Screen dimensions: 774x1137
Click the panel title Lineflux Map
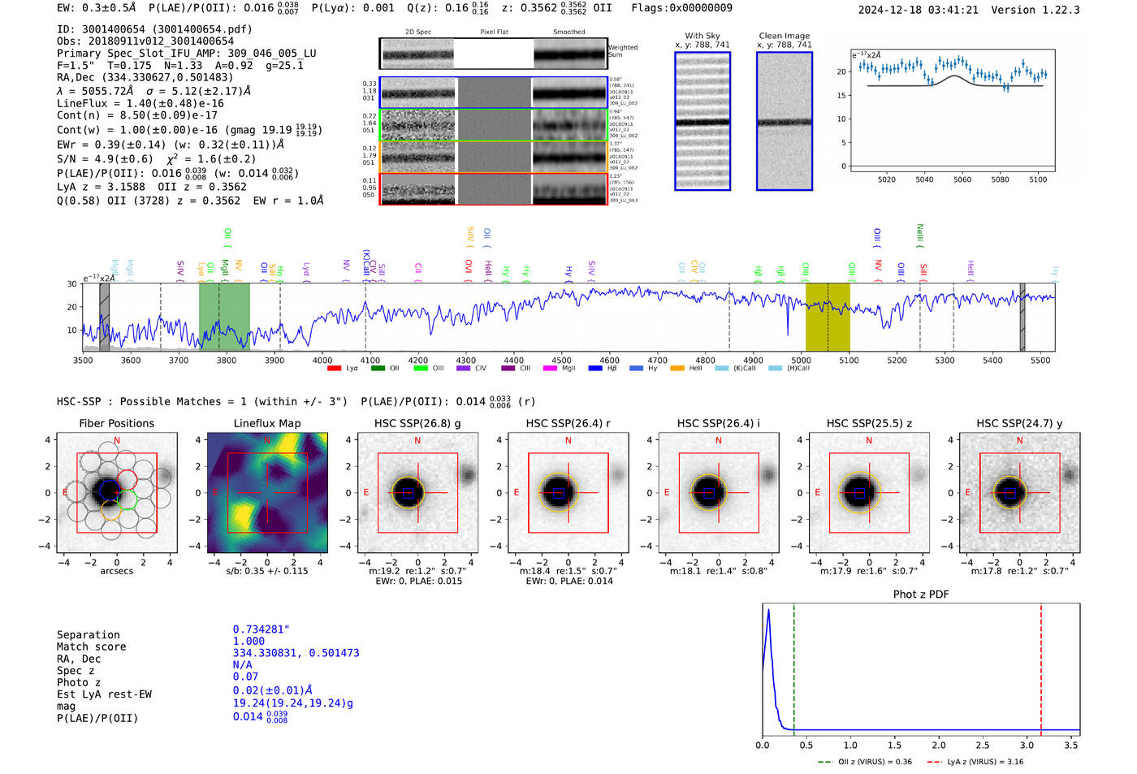click(266, 423)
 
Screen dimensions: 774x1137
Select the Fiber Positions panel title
click(116, 423)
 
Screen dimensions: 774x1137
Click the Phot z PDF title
click(920, 595)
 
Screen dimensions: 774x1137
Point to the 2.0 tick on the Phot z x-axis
click(938, 745)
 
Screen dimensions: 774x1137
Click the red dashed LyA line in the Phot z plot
click(1040, 666)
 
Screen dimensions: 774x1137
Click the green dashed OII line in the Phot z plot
click(793, 666)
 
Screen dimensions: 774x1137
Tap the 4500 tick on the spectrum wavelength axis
click(561, 360)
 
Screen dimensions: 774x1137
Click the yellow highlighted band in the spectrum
click(827, 317)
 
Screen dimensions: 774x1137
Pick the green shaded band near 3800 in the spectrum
click(224, 317)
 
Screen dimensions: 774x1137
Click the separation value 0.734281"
click(261, 629)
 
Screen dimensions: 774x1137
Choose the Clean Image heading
click(784, 36)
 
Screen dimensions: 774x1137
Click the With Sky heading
click(702, 36)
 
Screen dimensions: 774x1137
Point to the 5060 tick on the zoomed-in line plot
click(962, 179)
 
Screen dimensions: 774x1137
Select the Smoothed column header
click(568, 32)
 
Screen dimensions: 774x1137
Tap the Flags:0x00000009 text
click(681, 7)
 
